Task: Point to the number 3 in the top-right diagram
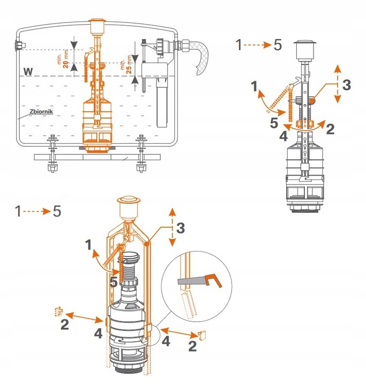click(x=346, y=84)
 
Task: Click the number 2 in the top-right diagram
click(x=330, y=129)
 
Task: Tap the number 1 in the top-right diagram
click(x=254, y=85)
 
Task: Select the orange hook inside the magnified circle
click(x=215, y=279)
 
